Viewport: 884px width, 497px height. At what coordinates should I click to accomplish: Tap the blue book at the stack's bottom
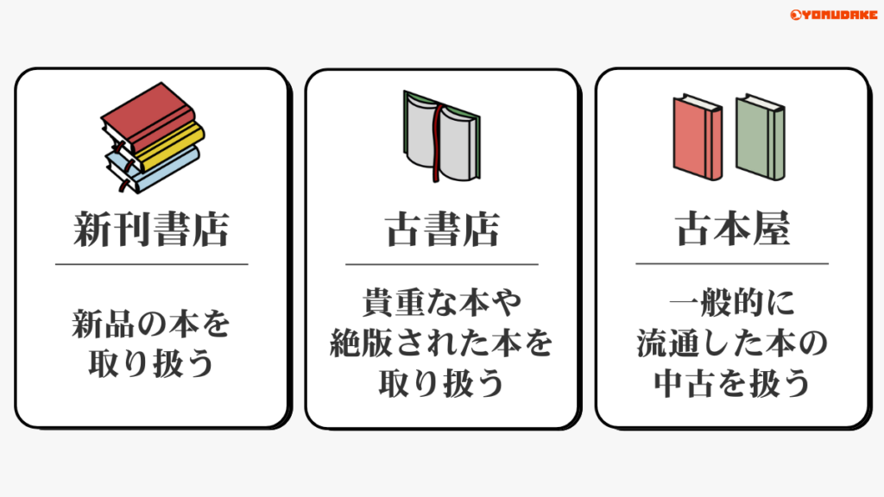pos(164,169)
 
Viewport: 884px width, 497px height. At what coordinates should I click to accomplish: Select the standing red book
pos(698,138)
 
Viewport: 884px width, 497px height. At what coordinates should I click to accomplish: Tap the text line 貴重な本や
pos(442,304)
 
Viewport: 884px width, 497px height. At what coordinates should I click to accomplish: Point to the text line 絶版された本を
pos(442,343)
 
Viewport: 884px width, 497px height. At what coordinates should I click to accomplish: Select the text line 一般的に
pos(732,304)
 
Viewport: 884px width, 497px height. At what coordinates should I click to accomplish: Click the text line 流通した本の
pos(732,343)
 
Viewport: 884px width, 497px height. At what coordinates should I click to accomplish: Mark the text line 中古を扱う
pos(732,383)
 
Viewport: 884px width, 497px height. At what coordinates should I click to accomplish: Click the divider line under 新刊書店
pos(151,264)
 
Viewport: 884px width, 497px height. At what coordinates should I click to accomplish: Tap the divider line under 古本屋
pos(732,264)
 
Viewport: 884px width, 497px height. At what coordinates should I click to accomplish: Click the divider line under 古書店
pos(442,264)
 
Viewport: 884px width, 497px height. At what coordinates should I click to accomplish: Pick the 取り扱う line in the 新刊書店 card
pos(151,365)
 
